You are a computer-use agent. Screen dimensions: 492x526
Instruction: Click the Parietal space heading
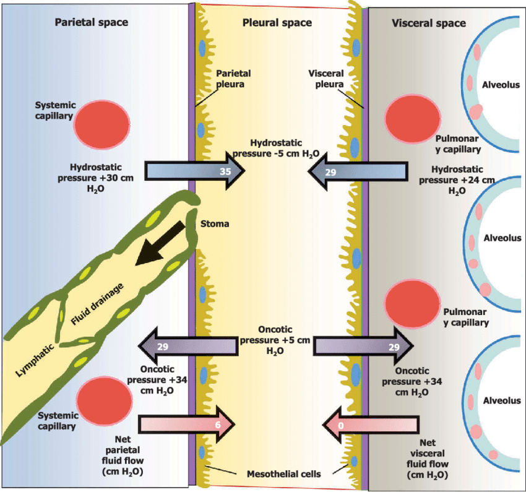pyautogui.click(x=91, y=23)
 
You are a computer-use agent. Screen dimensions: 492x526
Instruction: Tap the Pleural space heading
pyautogui.click(x=276, y=23)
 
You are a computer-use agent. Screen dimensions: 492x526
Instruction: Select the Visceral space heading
pyautogui.click(x=429, y=24)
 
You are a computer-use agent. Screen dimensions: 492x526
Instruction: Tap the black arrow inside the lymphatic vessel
pyautogui.click(x=162, y=243)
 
